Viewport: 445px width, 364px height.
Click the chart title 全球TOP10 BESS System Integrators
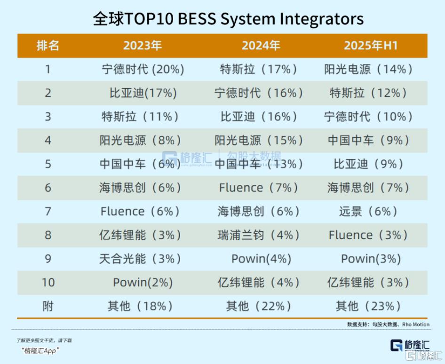point(228,19)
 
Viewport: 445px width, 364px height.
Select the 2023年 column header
point(143,46)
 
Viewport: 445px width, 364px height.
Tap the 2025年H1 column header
point(371,46)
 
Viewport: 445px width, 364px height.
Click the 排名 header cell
point(48,46)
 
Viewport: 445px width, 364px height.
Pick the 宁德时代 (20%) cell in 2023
point(143,70)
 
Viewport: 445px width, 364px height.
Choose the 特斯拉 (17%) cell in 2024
point(258,70)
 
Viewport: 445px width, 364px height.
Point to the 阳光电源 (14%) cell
point(368,70)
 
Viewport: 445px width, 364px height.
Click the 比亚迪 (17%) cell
point(143,93)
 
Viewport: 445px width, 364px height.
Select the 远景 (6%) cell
point(368,211)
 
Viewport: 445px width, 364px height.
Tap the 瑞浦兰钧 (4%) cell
point(258,235)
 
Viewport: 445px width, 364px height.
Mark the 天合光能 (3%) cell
point(140,259)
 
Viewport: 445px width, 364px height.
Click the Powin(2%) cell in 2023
point(143,283)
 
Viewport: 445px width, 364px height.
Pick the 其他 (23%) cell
point(368,306)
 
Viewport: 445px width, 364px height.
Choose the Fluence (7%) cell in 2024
point(258,188)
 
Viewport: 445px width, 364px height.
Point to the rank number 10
point(48,283)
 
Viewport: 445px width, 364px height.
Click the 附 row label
point(48,306)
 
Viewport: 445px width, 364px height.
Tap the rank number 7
point(48,211)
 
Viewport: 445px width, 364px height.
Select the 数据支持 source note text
point(388,324)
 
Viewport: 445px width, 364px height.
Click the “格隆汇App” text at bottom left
point(40,351)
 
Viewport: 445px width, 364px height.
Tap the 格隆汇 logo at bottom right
point(410,345)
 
